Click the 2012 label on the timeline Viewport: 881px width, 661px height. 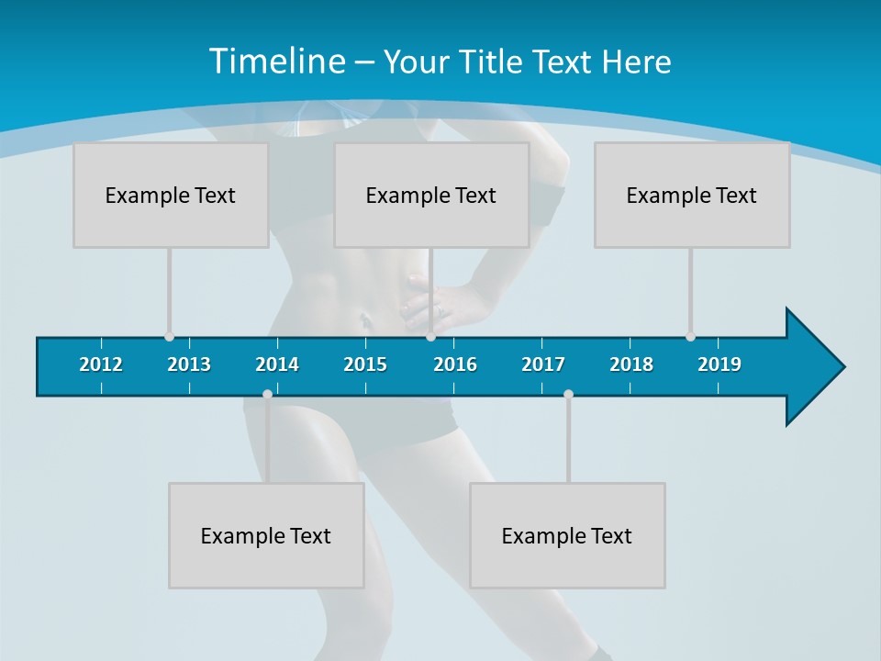(x=101, y=364)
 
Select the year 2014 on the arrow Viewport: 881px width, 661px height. (x=277, y=364)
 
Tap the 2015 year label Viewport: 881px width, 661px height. (x=365, y=364)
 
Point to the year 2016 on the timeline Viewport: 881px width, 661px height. (x=455, y=364)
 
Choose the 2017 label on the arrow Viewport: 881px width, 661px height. (x=543, y=364)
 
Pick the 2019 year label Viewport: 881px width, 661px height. (x=719, y=364)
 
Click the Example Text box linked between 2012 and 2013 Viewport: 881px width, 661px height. (x=171, y=195)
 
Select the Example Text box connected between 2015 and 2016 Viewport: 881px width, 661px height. (x=431, y=195)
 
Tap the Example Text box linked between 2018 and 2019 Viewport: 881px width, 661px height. (x=692, y=195)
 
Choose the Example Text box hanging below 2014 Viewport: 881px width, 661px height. (x=266, y=535)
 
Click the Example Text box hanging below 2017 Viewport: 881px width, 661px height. (x=567, y=535)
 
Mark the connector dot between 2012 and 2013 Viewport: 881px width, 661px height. (x=169, y=337)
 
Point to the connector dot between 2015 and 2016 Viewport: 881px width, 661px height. (x=430, y=337)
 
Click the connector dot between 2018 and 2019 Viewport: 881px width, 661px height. (x=690, y=337)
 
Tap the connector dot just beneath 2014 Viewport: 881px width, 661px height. (x=267, y=394)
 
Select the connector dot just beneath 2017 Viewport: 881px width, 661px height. (x=568, y=394)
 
